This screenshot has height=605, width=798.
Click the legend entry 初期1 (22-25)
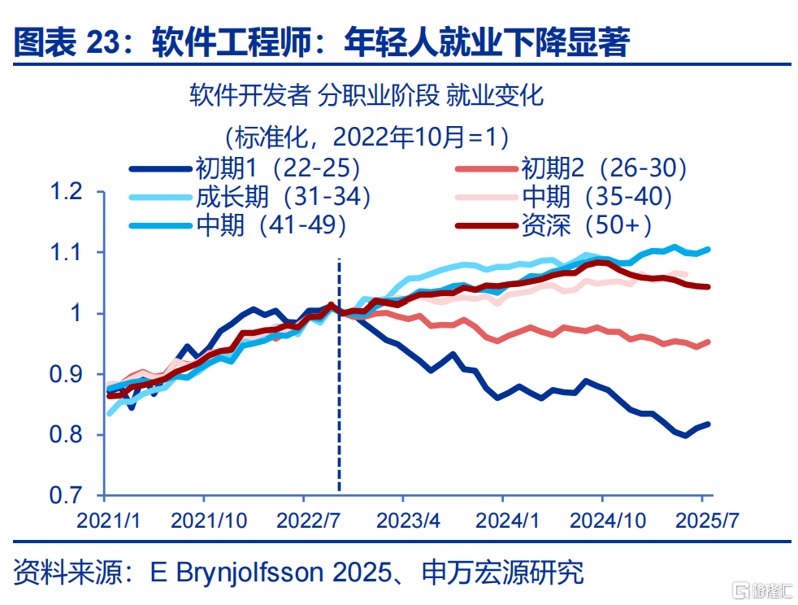point(245,168)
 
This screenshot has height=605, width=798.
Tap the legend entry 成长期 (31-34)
point(250,197)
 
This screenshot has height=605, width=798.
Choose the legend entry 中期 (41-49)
point(237,225)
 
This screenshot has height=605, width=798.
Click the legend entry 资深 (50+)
point(553,225)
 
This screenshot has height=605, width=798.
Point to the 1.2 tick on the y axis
point(66,191)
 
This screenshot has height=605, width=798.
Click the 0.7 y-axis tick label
point(66,495)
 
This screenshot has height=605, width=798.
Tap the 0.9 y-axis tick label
point(66,374)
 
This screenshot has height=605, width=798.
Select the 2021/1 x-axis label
point(108,520)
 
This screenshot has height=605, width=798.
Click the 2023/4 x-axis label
point(408,520)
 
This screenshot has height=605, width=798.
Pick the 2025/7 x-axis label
point(707,520)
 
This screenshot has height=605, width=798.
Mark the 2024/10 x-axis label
point(608,520)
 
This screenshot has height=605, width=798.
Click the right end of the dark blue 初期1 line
point(709,424)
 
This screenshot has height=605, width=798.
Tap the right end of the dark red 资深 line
point(709,287)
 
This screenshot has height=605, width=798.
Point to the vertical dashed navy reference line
point(340,376)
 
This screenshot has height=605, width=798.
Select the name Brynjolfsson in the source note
point(250,572)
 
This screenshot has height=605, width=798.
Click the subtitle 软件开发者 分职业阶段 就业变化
point(366,96)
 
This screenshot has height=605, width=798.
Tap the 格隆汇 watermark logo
point(762,590)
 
